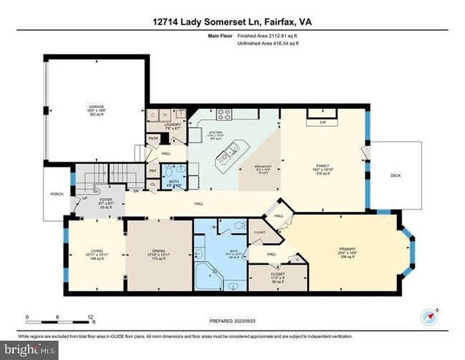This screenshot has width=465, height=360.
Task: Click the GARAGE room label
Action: tap(96, 107)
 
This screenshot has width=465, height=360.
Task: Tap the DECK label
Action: tap(396, 175)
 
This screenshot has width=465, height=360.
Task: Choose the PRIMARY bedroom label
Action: tap(346, 250)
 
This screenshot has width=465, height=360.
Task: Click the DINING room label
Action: tap(159, 250)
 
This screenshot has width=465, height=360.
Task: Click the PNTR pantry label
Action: tap(152, 139)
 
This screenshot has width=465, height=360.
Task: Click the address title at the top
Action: tap(232, 23)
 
